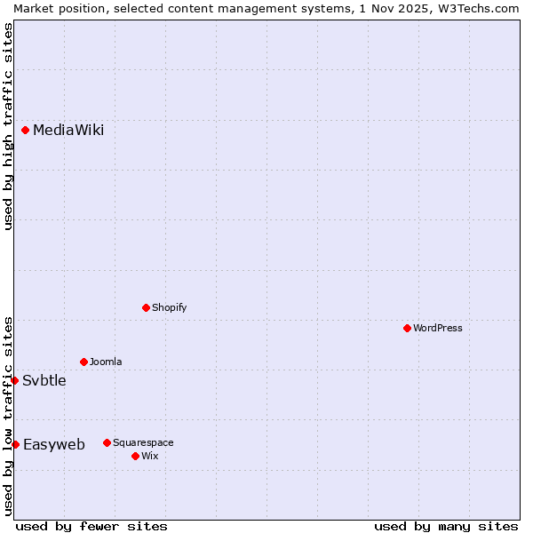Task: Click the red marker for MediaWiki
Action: click(x=26, y=131)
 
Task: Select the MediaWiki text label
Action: click(x=68, y=131)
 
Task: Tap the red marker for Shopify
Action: click(x=147, y=307)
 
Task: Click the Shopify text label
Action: click(x=169, y=307)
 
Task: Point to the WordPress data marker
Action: click(x=408, y=328)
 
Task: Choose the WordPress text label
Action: click(x=438, y=328)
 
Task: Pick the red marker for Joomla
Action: click(x=84, y=362)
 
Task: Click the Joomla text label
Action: click(x=106, y=362)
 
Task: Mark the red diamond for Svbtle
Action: click(x=15, y=380)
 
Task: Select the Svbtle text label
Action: click(x=44, y=380)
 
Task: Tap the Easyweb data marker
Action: click(x=16, y=444)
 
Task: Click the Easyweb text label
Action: click(x=54, y=444)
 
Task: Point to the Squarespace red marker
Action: click(x=107, y=442)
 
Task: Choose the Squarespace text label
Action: click(x=143, y=442)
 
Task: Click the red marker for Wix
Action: click(x=136, y=456)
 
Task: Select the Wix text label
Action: click(x=149, y=456)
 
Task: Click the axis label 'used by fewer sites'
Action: click(x=91, y=526)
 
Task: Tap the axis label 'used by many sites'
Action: click(x=446, y=526)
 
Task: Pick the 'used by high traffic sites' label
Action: click(x=8, y=126)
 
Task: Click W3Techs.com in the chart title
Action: click(x=476, y=8)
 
